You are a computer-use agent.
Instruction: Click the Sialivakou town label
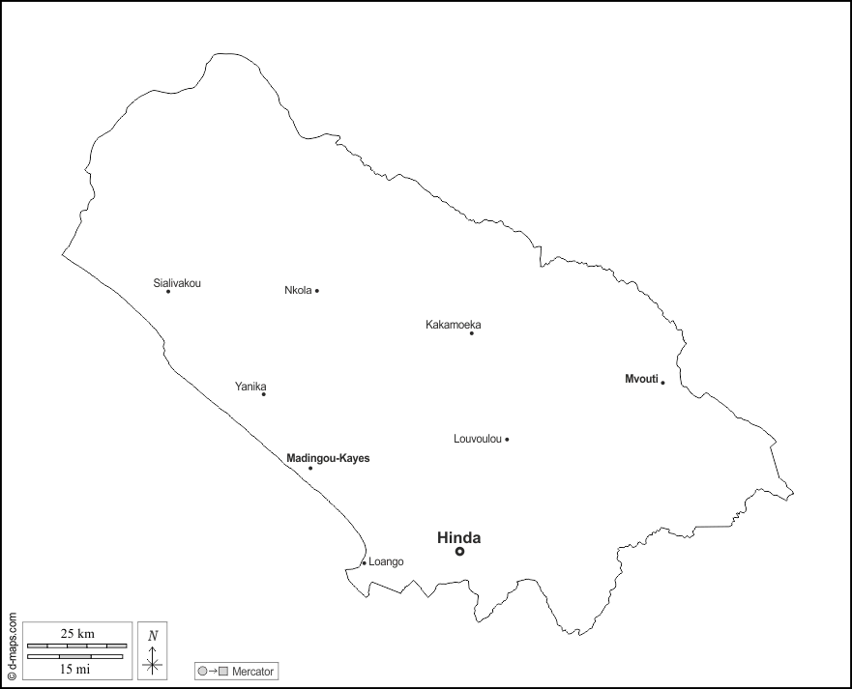tap(177, 283)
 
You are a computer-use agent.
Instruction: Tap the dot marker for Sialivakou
tap(168, 292)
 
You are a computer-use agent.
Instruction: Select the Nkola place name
tap(298, 290)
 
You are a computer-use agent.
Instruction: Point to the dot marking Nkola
tap(317, 291)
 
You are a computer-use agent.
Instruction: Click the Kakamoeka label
tap(453, 325)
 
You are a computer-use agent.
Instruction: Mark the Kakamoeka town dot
tap(472, 333)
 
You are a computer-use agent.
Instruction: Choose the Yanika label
tap(250, 387)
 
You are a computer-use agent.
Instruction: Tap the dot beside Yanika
tap(263, 394)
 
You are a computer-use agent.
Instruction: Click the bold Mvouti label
tap(641, 380)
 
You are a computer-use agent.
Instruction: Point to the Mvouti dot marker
tap(662, 383)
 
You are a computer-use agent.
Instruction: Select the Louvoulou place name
tap(478, 439)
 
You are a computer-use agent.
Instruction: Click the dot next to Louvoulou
tap(507, 440)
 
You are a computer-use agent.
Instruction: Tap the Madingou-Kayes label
tap(328, 458)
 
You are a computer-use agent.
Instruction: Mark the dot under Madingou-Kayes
tap(310, 469)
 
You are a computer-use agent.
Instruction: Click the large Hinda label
tap(458, 538)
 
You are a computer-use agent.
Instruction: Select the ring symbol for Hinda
tap(460, 552)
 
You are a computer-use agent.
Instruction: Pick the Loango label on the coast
tap(386, 561)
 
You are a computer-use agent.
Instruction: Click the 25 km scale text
tap(77, 633)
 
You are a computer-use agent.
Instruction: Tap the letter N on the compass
tap(153, 636)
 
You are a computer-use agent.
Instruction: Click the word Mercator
tap(253, 671)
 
